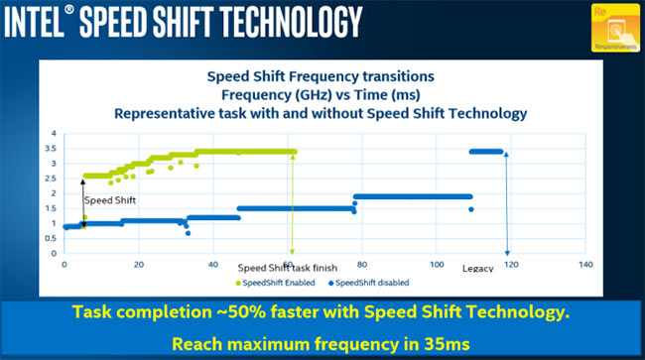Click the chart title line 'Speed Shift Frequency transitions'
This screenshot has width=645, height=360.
[x=321, y=74]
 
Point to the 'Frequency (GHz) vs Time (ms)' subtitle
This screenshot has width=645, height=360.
[x=321, y=93]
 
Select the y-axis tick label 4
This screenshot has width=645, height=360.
[x=56, y=133]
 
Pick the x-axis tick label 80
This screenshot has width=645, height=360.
[x=361, y=265]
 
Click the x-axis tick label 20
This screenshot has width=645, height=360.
[x=138, y=265]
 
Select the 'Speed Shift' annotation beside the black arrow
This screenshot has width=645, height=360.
[x=109, y=200]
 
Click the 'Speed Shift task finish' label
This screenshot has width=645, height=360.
[x=288, y=268]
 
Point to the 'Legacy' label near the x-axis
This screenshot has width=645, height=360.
[x=477, y=269]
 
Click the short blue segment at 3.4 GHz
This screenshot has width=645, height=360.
[x=486, y=152]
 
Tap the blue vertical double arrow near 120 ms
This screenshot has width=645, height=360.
[x=507, y=203]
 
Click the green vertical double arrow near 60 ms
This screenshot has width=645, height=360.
[x=292, y=203]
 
